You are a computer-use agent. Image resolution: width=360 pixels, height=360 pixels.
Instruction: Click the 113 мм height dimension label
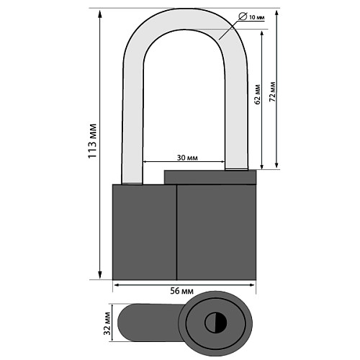pos(92,141)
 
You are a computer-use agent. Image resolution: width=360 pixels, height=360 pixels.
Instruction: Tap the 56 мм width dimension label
pos(181,291)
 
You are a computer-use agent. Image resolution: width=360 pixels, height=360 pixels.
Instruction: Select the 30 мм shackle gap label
pos(187,158)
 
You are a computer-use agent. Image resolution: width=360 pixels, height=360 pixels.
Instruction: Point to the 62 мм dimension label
pos(258,94)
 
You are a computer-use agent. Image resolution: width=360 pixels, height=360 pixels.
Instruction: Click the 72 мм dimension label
pos(272,91)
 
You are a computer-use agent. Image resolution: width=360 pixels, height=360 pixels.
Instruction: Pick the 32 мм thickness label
pos(107,323)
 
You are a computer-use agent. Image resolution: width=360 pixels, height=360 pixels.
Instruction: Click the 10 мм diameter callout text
pos(256,17)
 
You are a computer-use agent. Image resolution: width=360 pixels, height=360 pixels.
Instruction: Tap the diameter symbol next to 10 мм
pos(243,17)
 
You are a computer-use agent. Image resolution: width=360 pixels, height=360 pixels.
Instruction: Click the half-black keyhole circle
pos(216,323)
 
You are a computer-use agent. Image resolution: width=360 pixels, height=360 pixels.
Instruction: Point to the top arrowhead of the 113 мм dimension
pos(100,14)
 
